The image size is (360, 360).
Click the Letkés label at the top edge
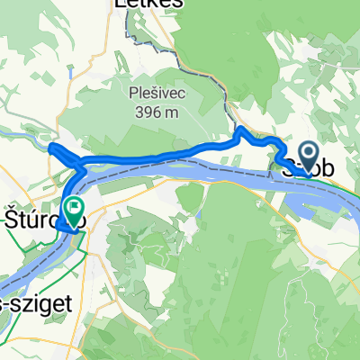[149, 4]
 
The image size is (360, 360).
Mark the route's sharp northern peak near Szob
[240, 131]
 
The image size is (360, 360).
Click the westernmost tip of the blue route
[50, 147]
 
